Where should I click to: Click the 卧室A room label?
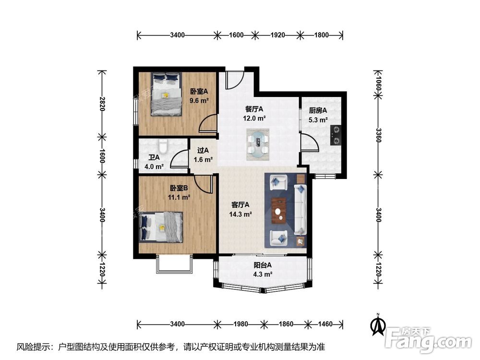pyautogui.click(x=199, y=91)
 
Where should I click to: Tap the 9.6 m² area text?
pyautogui.click(x=199, y=100)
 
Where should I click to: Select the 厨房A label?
pyautogui.click(x=318, y=110)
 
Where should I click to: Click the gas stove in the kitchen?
pyautogui.click(x=336, y=135)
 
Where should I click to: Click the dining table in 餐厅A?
pyautogui.click(x=258, y=144)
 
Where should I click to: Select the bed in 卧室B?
pyautogui.click(x=161, y=227)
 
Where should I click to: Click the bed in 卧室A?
pyautogui.click(x=166, y=94)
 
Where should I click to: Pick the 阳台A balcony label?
pyautogui.click(x=263, y=265)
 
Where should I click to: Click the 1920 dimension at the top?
pyautogui.click(x=277, y=35)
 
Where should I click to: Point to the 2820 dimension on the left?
pyautogui.click(x=102, y=104)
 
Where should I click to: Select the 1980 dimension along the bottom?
pyautogui.click(x=240, y=324)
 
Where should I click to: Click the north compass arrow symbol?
pyautogui.click(x=378, y=325)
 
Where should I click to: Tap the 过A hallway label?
pyautogui.click(x=203, y=150)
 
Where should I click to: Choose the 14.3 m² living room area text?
pyautogui.click(x=240, y=214)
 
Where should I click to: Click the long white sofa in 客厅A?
pyautogui.click(x=300, y=210)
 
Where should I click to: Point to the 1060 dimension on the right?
pyautogui.click(x=378, y=83)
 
